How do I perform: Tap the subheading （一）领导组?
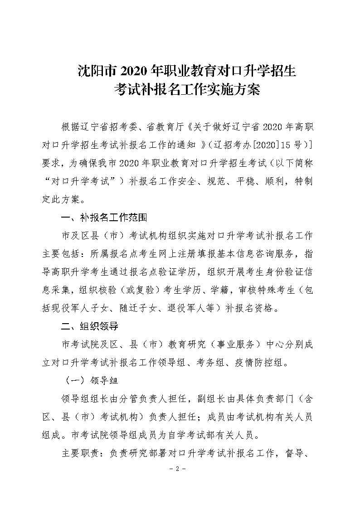coord(86,380)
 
